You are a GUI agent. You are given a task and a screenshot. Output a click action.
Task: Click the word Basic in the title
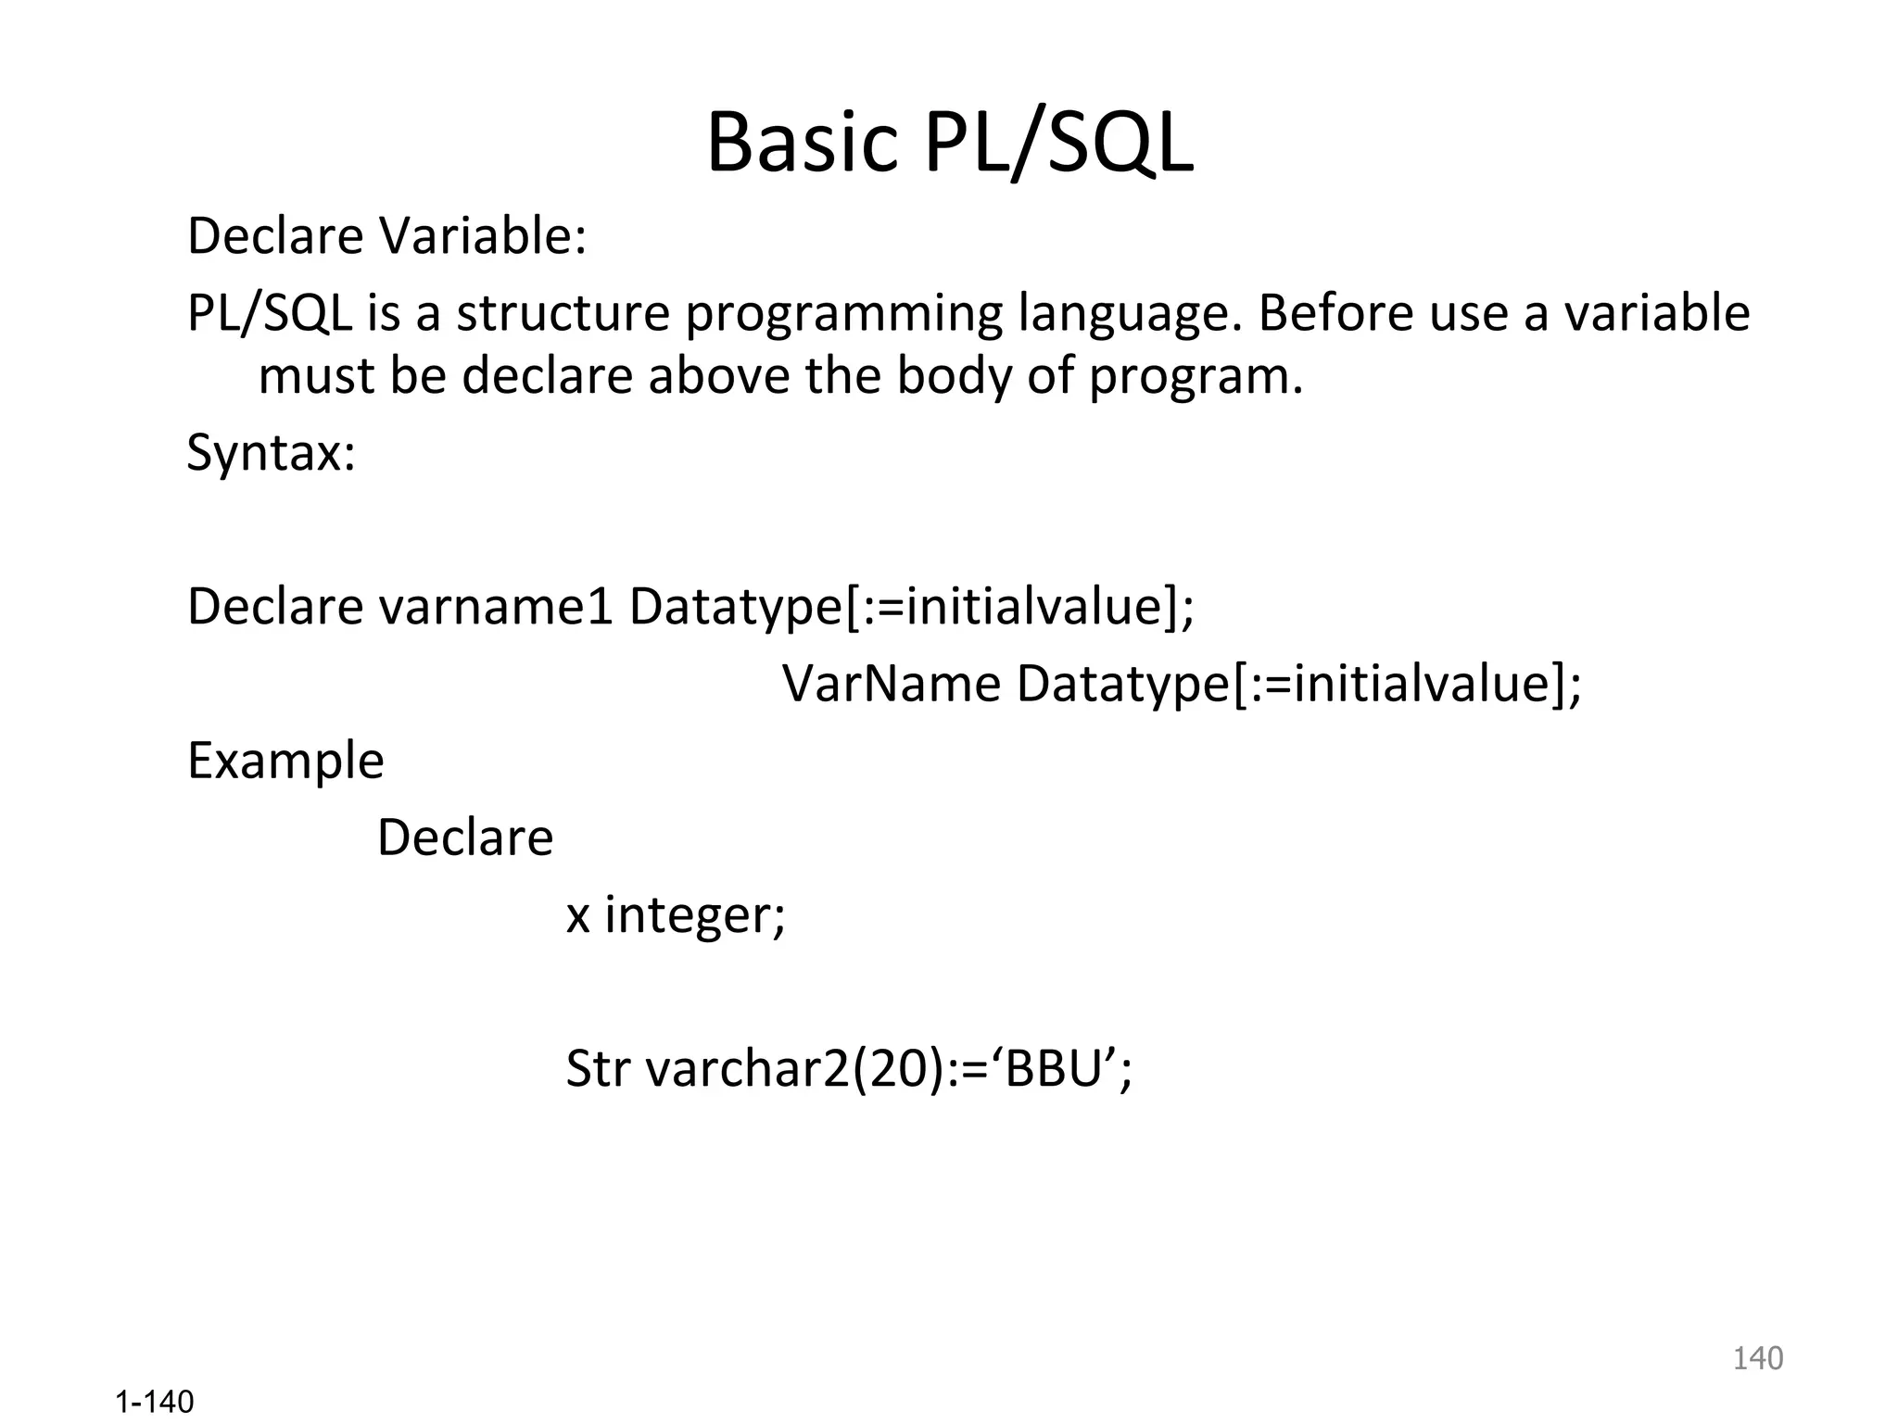[803, 144]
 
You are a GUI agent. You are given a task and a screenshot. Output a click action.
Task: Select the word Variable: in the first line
[484, 236]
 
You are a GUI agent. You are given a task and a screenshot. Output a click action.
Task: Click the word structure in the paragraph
[563, 313]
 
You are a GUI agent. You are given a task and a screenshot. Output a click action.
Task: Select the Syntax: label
[272, 454]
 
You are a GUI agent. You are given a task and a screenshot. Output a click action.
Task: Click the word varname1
[496, 607]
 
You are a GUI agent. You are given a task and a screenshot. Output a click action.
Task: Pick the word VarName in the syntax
[892, 684]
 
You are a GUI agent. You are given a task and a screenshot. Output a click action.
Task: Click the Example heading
[285, 762]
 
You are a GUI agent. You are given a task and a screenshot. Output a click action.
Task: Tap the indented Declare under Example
[465, 837]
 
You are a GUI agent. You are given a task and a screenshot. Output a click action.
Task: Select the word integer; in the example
[695, 915]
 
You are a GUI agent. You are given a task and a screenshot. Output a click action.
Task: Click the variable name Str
[598, 1068]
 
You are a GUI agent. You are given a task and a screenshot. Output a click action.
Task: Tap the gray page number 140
[1757, 1358]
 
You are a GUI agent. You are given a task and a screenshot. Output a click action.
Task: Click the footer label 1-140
[155, 1402]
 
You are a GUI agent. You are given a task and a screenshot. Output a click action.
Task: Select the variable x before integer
[578, 916]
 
